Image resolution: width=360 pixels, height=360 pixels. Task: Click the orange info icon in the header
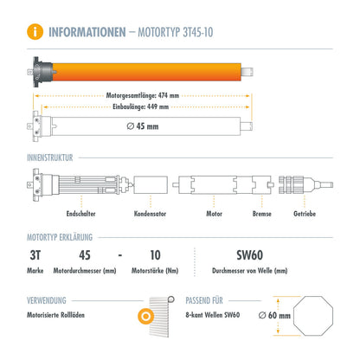[35, 33]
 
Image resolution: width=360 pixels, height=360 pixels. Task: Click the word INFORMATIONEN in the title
[91, 33]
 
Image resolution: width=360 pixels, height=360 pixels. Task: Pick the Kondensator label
[150, 214]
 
